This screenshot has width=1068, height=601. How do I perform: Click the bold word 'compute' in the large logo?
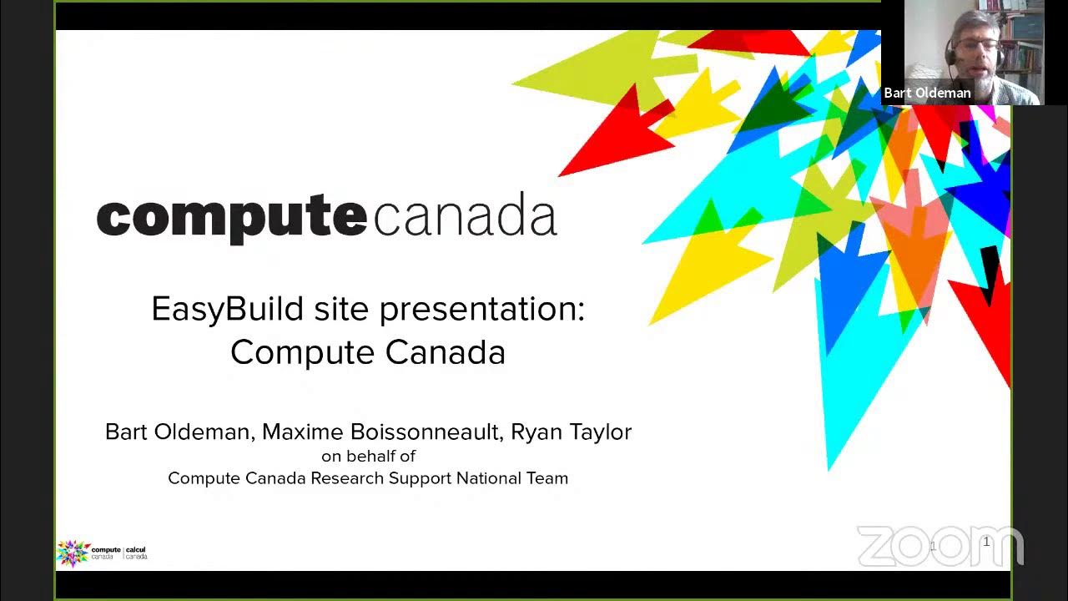tap(231, 217)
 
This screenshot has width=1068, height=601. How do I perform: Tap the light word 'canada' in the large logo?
tap(465, 215)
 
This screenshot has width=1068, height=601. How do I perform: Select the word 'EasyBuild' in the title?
tap(227, 310)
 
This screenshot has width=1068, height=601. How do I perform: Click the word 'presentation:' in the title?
tap(482, 310)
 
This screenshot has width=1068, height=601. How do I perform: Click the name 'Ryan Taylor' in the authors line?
tap(571, 432)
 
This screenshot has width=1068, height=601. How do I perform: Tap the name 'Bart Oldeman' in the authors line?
tap(178, 432)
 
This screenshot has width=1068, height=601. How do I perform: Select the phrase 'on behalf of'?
tap(368, 456)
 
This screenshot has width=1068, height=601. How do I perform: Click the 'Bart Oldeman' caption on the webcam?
tap(927, 93)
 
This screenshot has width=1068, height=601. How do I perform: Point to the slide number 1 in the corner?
tap(986, 543)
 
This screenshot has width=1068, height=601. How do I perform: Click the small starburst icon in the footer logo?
tap(73, 553)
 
